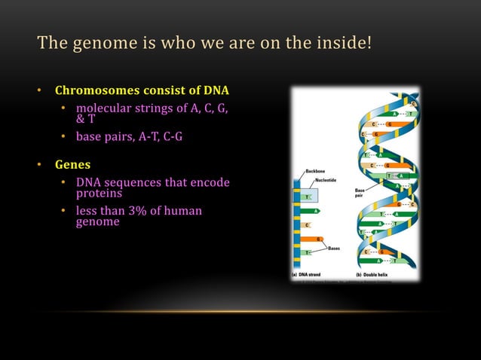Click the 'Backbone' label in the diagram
(315, 172)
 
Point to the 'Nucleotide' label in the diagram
(326, 181)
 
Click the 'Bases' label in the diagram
(334, 248)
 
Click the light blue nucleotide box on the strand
(307, 197)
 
